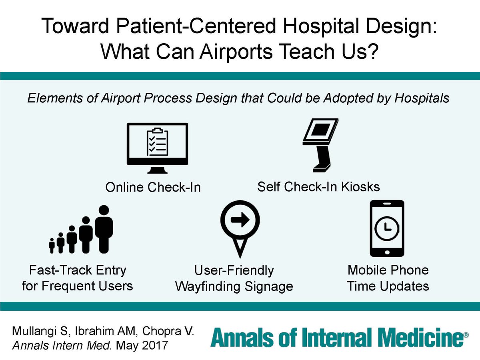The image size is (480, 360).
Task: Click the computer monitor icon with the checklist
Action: tap(157, 147)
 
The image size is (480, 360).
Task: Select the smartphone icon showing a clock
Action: tap(387, 228)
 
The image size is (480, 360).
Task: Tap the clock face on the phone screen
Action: tap(387, 227)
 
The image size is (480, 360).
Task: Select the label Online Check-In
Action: tap(152, 187)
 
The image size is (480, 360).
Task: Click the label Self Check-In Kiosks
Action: tap(318, 186)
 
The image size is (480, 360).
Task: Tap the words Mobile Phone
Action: tap(388, 270)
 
